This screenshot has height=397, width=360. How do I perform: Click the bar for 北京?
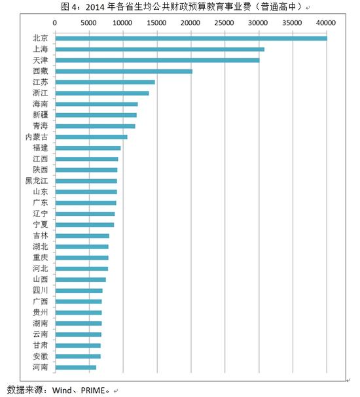tap(190, 39)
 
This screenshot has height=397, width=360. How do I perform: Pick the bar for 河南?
tap(75, 368)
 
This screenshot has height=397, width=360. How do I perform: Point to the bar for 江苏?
tap(105, 82)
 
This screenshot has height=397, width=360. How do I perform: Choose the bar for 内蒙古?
tap(91, 137)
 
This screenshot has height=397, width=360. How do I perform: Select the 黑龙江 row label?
tap(36, 181)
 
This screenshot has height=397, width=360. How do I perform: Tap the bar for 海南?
tap(96, 104)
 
